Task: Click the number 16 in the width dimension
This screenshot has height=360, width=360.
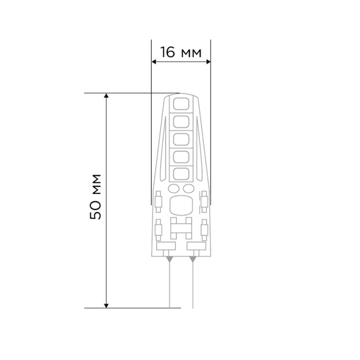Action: [168, 53]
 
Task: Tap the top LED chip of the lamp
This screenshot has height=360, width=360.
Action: [181, 103]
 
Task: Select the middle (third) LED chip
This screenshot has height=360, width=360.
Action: [181, 139]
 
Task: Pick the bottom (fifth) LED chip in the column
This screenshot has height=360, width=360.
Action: [181, 174]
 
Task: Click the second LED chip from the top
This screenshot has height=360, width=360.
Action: [181, 121]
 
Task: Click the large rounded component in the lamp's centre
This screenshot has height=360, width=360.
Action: [181, 207]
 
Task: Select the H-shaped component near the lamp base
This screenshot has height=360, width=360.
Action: [181, 225]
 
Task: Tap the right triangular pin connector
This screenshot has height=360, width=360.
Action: [193, 258]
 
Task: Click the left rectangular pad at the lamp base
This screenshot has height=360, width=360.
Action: [168, 245]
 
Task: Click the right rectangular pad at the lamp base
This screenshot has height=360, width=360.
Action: [193, 245]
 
